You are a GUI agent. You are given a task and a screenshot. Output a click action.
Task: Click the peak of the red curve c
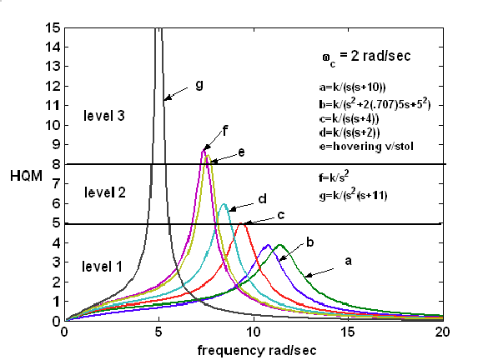(241, 223)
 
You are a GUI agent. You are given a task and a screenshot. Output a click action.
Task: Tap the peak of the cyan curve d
(224, 204)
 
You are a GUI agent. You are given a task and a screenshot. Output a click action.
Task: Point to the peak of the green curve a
(279, 245)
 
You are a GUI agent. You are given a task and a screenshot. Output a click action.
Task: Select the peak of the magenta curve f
(204, 151)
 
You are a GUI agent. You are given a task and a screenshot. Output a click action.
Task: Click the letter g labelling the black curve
(199, 84)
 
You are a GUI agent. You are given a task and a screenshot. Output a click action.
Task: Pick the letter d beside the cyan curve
(263, 198)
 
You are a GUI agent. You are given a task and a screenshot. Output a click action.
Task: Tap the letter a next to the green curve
(348, 261)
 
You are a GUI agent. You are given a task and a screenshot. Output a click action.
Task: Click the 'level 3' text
(104, 116)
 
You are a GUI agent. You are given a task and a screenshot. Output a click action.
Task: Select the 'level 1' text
(102, 267)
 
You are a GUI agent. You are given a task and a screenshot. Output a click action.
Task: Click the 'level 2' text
(105, 192)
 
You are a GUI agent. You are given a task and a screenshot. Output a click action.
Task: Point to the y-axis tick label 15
(53, 28)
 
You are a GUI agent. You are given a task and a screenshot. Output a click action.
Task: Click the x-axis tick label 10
(254, 332)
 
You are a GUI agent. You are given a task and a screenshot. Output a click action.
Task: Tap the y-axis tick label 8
(56, 164)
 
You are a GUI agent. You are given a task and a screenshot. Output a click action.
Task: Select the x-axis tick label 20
(442, 332)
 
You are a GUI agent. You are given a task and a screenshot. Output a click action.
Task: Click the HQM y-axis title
(26, 177)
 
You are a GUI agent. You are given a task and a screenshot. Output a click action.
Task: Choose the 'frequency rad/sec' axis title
(257, 351)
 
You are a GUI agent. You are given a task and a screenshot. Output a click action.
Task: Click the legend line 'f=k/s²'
(334, 177)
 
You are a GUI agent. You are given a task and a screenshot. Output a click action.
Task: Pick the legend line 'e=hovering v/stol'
(366, 146)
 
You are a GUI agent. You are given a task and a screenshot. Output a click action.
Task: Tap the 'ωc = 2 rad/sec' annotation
(366, 57)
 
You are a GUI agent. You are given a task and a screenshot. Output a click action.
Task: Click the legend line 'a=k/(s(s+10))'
(352, 87)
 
